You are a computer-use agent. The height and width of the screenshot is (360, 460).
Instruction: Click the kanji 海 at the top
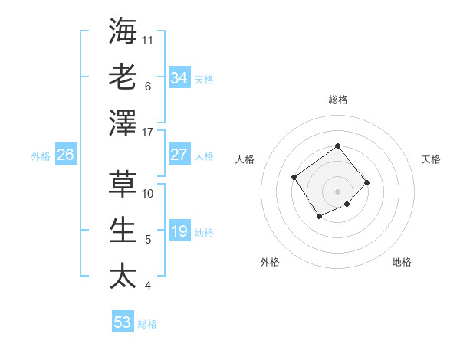[123, 31]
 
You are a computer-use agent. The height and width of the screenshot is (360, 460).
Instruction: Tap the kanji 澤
[123, 122]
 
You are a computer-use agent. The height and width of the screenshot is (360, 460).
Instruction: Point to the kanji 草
[123, 184]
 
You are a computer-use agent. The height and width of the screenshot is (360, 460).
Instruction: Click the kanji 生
[123, 230]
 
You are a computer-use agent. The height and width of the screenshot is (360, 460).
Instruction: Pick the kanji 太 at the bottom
[123, 275]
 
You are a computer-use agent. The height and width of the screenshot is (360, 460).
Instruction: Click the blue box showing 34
[179, 77]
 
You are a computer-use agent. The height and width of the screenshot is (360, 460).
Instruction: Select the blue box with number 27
[179, 154]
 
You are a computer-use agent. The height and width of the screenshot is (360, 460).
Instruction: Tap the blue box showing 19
[179, 231]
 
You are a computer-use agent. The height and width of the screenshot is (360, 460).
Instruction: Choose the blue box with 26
[65, 154]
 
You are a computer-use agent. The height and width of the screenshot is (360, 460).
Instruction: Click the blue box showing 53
[122, 322]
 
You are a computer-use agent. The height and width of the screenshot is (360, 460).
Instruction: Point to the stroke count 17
[149, 133]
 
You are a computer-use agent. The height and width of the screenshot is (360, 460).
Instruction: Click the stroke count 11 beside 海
[148, 40]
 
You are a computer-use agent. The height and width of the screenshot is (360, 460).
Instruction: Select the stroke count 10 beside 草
[149, 193]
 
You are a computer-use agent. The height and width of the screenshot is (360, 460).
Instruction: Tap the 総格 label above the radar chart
[337, 100]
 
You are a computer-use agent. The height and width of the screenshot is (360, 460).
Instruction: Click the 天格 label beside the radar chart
[431, 159]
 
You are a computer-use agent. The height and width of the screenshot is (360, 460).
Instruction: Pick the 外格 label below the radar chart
[270, 262]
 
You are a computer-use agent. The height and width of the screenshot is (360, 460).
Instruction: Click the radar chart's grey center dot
[337, 191]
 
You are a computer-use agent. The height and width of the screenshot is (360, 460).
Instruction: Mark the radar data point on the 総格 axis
[337, 146]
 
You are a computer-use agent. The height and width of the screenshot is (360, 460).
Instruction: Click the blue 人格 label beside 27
[204, 155]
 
